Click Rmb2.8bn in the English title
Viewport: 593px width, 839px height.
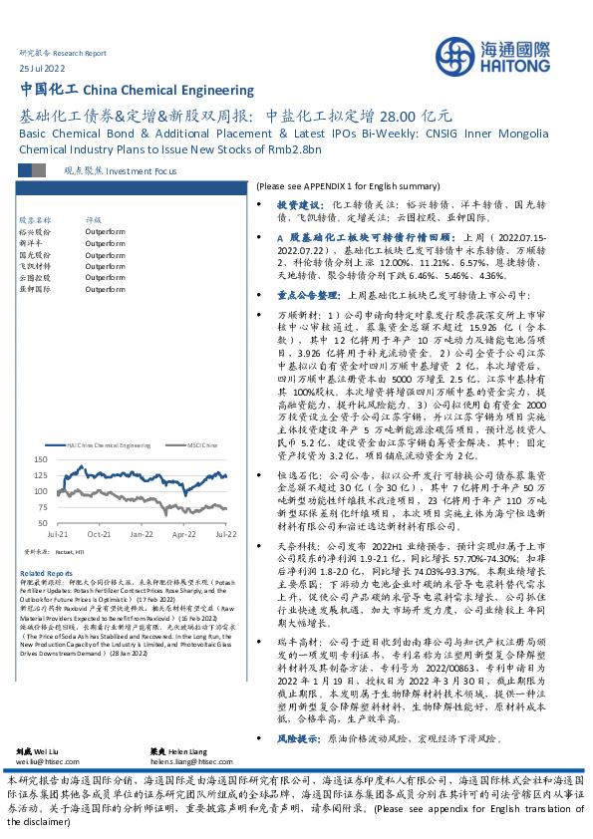click(x=298, y=148)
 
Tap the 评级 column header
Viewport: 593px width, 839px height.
click(x=94, y=218)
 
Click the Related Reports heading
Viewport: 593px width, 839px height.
click(x=46, y=574)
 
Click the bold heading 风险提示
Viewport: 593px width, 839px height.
click(x=297, y=711)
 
